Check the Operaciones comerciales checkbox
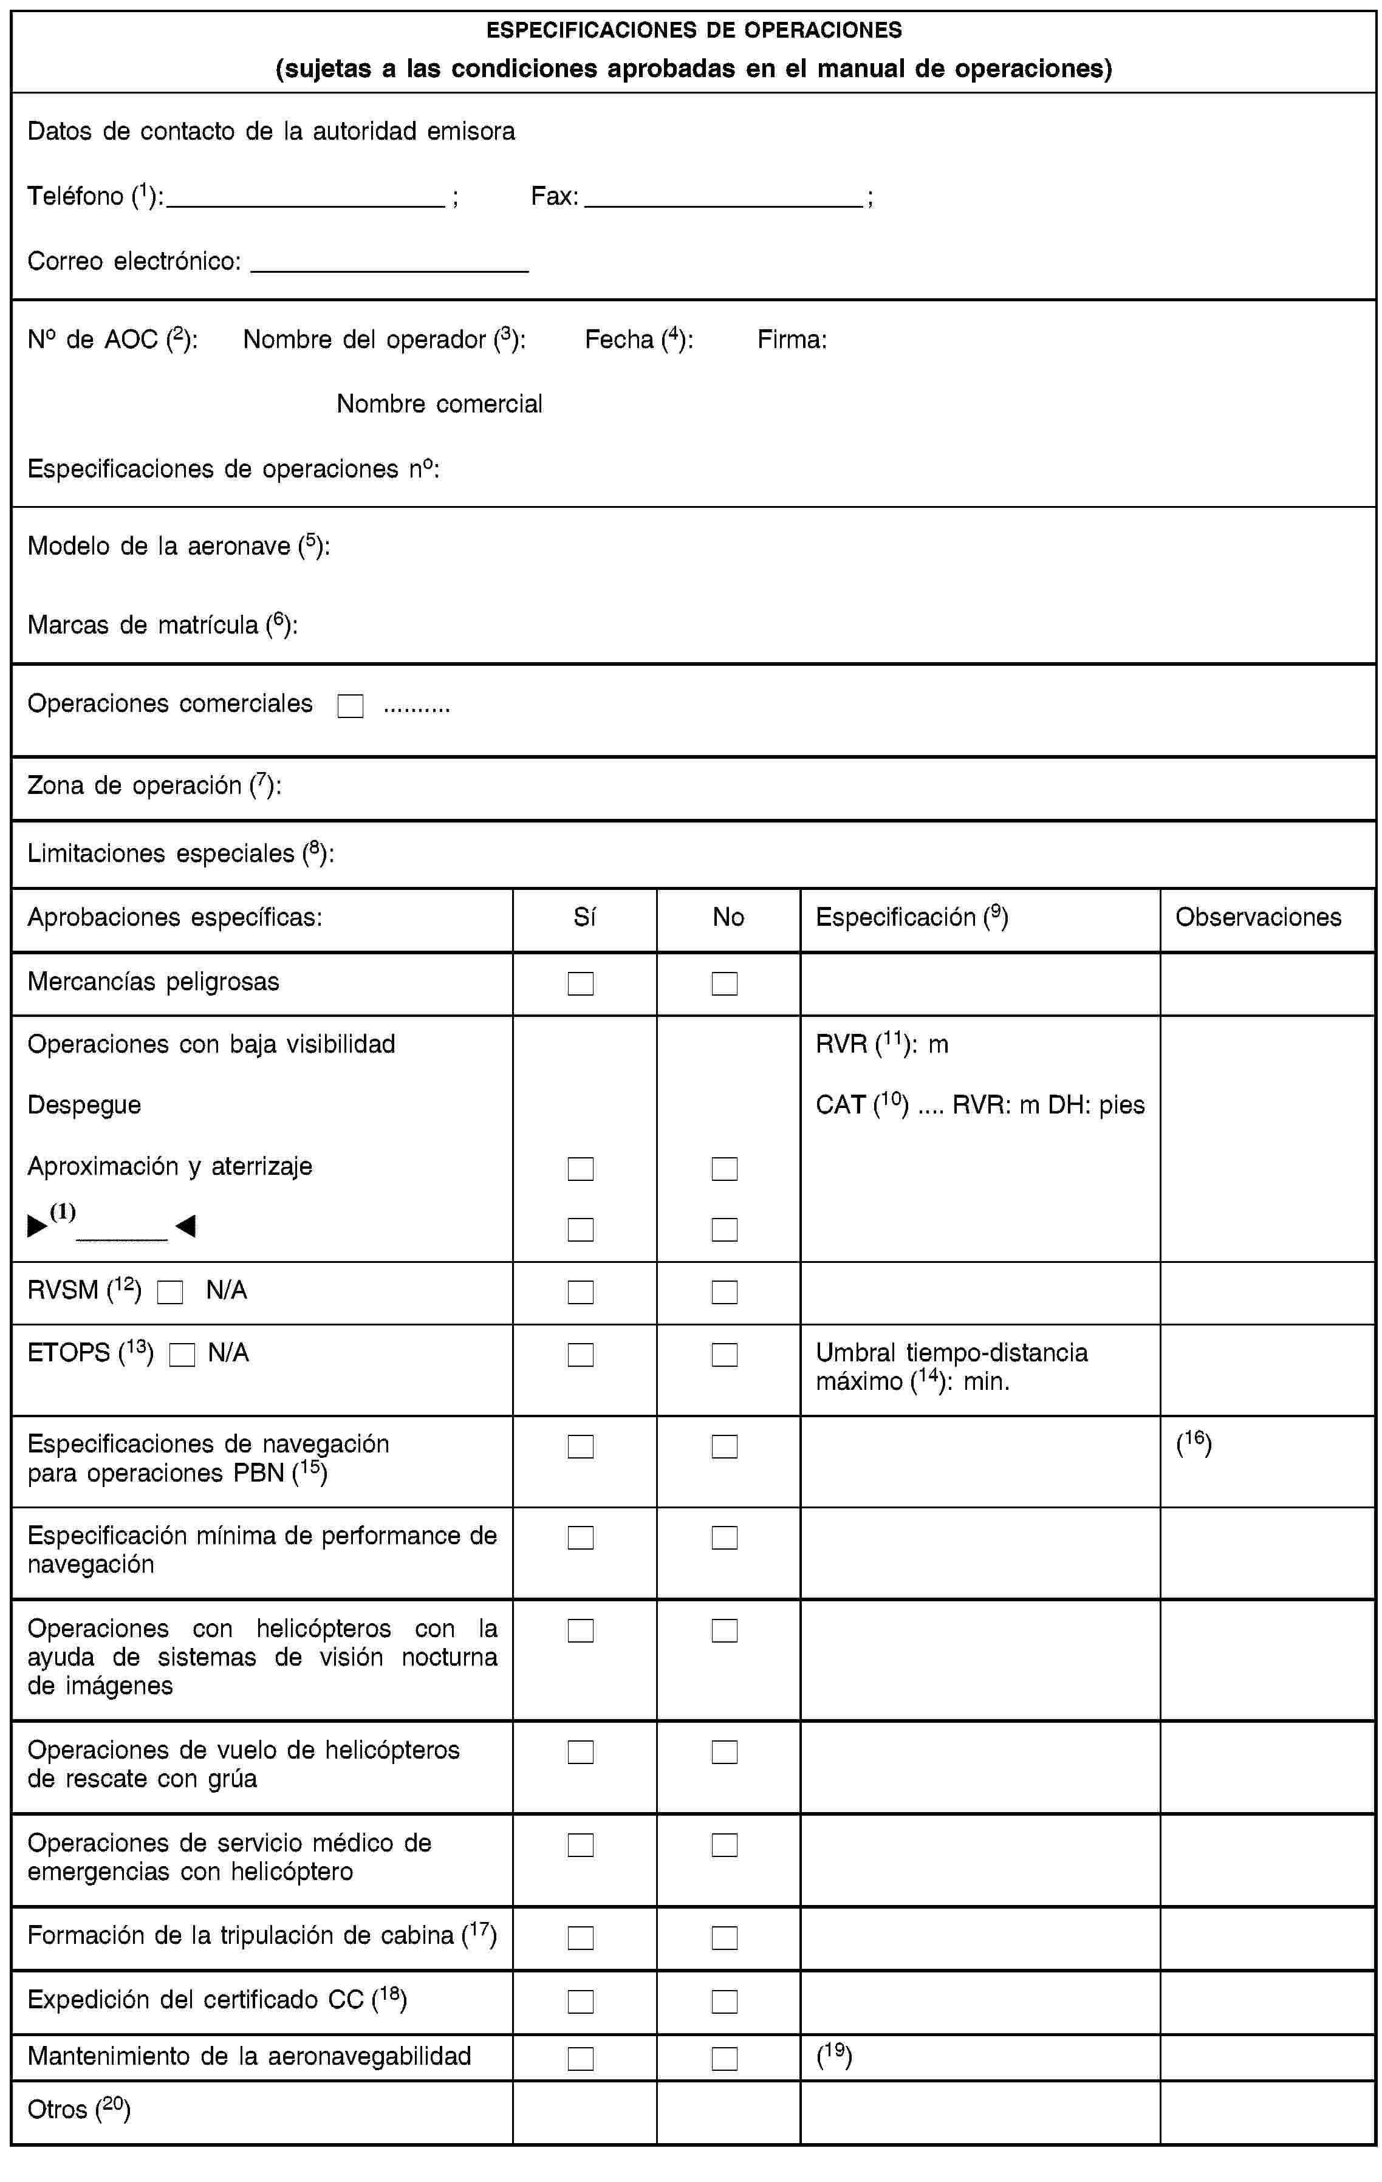tap(350, 706)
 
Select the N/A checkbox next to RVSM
tap(169, 1292)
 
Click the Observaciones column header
tap(1258, 917)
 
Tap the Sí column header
tap(584, 918)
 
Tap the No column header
tap(728, 918)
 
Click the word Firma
tap(791, 340)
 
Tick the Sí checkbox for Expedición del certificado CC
tap(580, 2001)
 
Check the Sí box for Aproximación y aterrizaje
tap(580, 1169)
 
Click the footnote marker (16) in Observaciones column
tap(1194, 1443)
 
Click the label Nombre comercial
tap(440, 404)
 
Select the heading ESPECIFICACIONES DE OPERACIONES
tap(694, 30)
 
